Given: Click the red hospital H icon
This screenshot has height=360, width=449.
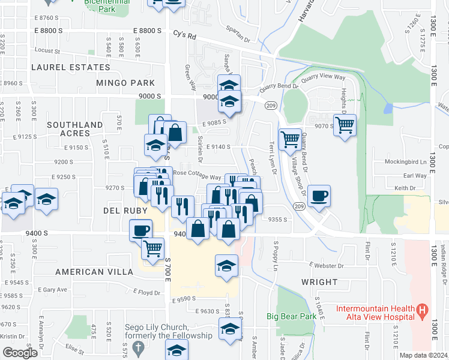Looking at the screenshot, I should point(423,310).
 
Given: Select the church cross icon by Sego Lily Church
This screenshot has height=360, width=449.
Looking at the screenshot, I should point(137,347).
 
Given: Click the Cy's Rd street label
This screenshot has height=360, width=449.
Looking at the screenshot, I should point(185,35).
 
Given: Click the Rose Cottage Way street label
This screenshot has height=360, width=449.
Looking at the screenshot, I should point(197,174).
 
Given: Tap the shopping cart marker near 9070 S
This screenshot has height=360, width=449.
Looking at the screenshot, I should point(345,125).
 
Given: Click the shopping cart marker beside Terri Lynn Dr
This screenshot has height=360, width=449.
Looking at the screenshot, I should point(290,139).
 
